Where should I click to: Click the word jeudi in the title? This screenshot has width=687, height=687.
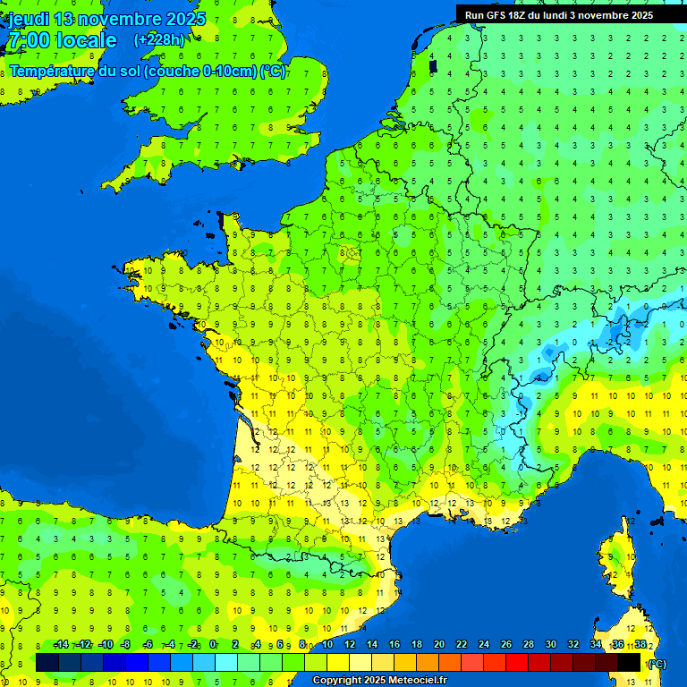click(x=28, y=19)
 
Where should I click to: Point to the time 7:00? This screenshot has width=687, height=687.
click(x=28, y=40)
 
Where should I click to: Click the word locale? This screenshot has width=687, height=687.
click(x=86, y=40)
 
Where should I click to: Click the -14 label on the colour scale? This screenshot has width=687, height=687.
click(x=61, y=645)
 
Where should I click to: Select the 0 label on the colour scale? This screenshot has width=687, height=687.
click(x=213, y=645)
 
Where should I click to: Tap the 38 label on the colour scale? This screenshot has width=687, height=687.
click(x=640, y=645)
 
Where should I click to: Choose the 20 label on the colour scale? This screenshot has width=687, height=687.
click(x=438, y=645)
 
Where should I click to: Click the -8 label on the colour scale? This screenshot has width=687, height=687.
click(x=126, y=645)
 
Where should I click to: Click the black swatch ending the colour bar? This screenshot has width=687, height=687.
click(x=629, y=662)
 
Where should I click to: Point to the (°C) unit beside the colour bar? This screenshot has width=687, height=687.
click(x=657, y=664)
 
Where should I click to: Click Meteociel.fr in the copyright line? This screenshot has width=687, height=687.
click(x=418, y=681)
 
